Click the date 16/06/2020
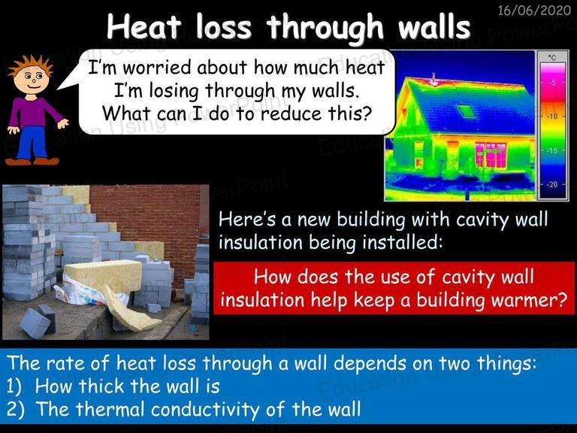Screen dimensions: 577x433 coord(534,10)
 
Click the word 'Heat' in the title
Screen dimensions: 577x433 coord(144,26)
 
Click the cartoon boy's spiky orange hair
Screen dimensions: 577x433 coord(31,65)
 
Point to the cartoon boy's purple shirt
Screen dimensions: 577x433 coord(34,112)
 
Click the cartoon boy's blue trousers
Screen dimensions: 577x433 coord(32,143)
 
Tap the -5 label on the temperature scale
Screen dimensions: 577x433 coord(553,82)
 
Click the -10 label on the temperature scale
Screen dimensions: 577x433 coord(552,117)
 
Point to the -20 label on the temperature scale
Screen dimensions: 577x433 coord(552,184)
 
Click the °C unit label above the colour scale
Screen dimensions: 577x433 coord(552,57)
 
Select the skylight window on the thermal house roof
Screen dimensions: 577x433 coord(467,111)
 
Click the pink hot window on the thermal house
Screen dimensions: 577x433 coord(491,155)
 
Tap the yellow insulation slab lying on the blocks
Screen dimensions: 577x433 coord(103,276)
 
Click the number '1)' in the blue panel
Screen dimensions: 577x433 coord(14,386)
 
